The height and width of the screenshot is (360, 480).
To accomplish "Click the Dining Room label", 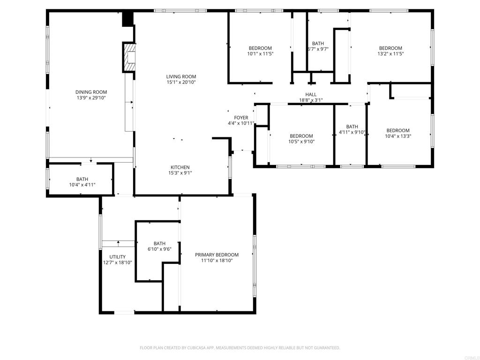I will (91, 92).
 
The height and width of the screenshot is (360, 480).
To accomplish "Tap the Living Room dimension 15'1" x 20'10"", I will (181, 82).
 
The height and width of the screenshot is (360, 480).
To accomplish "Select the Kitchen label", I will (180, 167).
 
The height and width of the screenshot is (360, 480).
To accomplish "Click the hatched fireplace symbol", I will (129, 57).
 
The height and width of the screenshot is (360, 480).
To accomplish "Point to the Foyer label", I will (241, 118).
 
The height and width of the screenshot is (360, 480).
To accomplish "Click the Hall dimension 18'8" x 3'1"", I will (311, 100).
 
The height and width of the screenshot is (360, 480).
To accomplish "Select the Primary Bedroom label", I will (217, 255).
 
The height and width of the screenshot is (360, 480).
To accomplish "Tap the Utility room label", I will (117, 256).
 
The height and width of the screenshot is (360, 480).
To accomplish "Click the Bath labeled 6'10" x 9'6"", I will (159, 243).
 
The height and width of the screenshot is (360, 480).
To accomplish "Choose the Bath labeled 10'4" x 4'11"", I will (82, 179).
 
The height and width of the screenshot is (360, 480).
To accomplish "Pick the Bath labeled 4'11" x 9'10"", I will (352, 127).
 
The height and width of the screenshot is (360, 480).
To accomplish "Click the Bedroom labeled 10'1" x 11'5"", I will (260, 48).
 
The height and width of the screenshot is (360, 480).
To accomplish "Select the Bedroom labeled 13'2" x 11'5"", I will (390, 48).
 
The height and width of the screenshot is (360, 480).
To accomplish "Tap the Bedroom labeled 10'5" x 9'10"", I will (301, 136).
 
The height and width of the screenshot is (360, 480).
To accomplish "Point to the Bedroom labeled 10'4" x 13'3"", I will (397, 130).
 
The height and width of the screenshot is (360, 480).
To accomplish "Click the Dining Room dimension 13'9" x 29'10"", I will (91, 98).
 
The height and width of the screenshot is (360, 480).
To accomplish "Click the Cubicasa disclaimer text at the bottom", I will (240, 348).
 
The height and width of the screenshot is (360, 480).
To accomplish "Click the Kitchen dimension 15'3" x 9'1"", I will (180, 173).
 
